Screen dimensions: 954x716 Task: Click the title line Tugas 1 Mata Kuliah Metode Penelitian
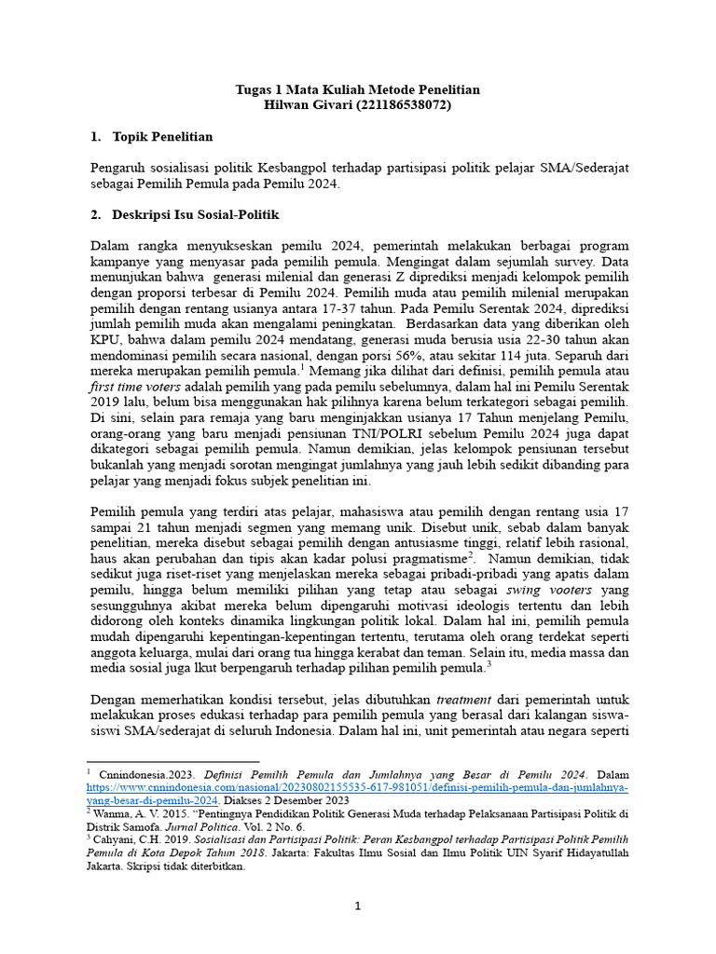(x=358, y=89)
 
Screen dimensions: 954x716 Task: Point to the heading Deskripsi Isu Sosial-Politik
(x=195, y=214)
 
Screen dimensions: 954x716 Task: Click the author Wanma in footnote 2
(x=111, y=812)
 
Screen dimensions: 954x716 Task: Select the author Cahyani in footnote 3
(x=114, y=839)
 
